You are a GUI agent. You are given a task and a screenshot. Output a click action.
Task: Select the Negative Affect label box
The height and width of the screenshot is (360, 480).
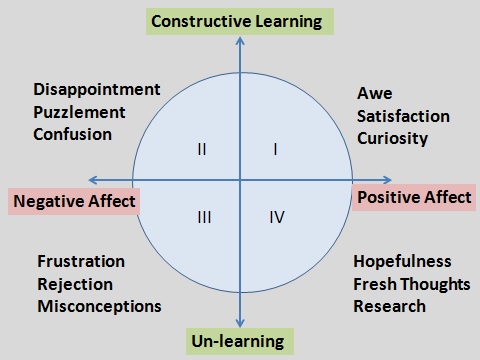[x=74, y=201]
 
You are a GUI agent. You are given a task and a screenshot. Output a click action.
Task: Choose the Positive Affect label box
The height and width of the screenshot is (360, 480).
[x=414, y=197]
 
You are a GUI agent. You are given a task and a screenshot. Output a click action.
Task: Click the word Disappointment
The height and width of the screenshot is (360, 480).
[x=96, y=89]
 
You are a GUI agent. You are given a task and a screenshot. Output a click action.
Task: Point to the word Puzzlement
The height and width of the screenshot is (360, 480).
[x=81, y=111]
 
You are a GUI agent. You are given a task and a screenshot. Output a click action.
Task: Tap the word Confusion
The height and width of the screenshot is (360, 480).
[x=73, y=133]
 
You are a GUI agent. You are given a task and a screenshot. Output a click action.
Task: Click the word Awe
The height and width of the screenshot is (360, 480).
[x=372, y=94]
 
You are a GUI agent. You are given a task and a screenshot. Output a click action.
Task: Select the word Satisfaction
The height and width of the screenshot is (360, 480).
[x=403, y=116]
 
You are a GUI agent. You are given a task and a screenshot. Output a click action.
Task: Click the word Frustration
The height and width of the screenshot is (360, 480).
[x=81, y=262]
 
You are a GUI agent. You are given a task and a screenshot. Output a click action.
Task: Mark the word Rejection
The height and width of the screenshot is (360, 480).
[x=75, y=284]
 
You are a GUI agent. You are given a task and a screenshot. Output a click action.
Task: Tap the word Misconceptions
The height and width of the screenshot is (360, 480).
[x=99, y=306]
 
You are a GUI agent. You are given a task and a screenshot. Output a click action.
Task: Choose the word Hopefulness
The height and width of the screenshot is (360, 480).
[x=402, y=262]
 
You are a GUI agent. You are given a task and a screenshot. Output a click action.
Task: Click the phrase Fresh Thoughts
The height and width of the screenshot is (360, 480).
[x=411, y=284]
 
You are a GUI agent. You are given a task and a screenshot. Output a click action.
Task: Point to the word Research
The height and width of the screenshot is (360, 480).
[x=389, y=306]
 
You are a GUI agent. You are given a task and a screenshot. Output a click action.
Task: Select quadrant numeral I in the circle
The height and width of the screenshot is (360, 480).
[x=275, y=150]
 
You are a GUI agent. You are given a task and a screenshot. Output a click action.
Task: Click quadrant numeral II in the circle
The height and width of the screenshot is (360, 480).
[x=202, y=150]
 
